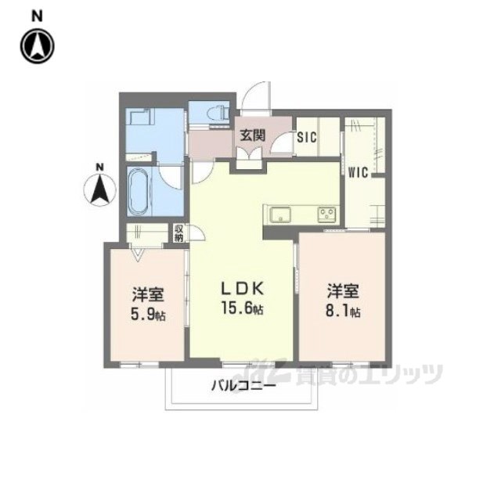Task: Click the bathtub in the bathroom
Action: tap(139, 191)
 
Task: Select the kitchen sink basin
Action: tap(280, 214)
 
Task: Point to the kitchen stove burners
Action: tap(326, 214)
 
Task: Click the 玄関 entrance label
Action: tap(253, 135)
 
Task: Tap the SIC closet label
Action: tap(307, 137)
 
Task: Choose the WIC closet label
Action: tap(358, 172)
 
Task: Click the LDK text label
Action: tap(243, 289)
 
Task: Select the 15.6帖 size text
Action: tap(243, 308)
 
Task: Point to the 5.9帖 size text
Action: tap(148, 314)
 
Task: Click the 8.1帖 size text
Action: tap(343, 311)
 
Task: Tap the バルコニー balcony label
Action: tap(243, 386)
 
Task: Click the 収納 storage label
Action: tap(178, 233)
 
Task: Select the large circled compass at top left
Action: tap(38, 46)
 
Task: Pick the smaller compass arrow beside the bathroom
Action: tap(99, 189)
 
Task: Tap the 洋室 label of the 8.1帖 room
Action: tap(343, 290)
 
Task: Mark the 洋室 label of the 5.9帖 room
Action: tap(148, 294)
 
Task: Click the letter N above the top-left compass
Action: tap(38, 16)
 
